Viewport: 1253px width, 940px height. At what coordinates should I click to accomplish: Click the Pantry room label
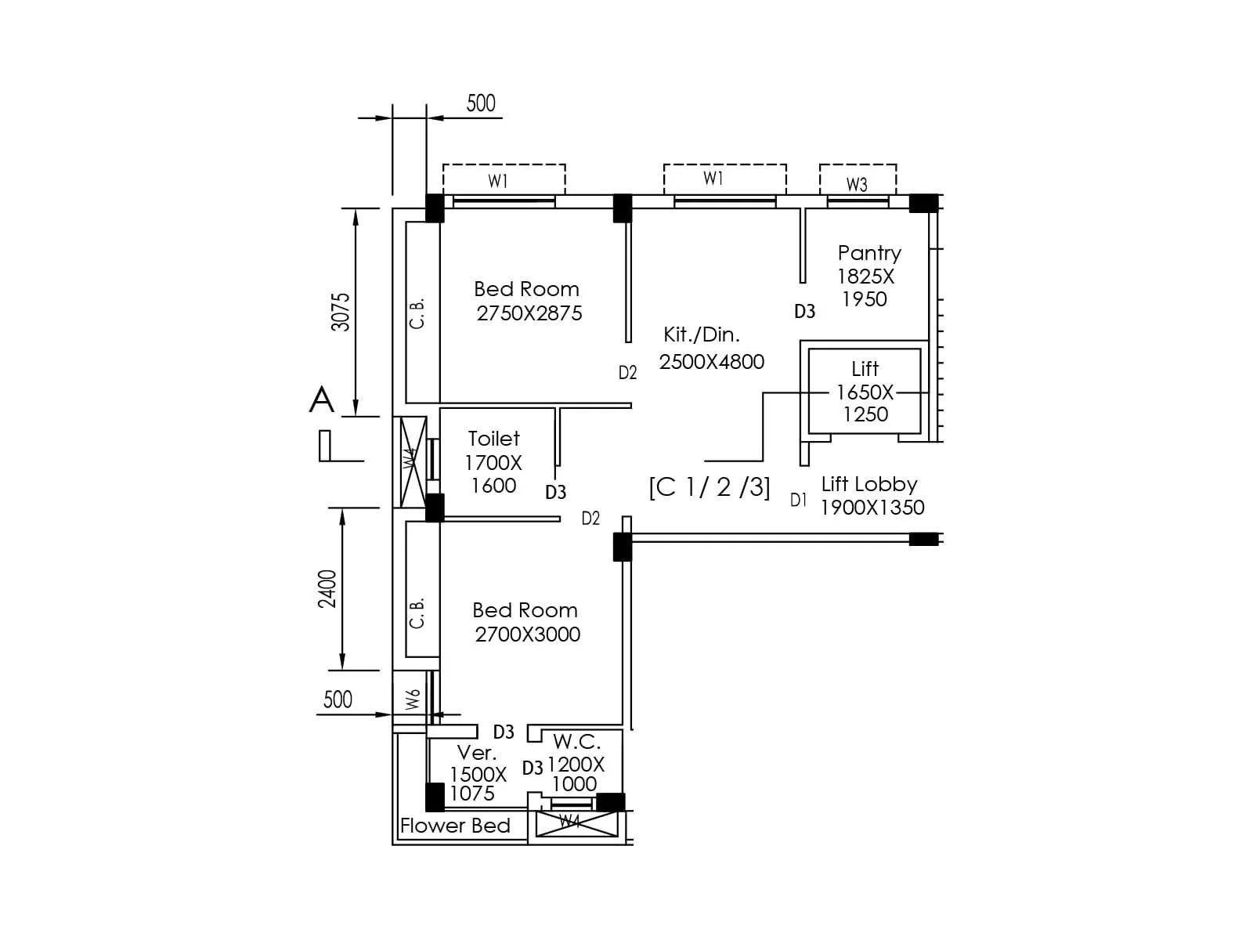[x=868, y=253]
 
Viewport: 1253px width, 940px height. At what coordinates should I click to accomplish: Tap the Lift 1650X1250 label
[x=865, y=391]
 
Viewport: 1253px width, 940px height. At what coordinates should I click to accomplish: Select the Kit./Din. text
[x=701, y=334]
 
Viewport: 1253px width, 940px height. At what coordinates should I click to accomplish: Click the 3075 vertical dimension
[x=341, y=312]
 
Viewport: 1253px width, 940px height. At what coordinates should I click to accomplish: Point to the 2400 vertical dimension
[x=327, y=588]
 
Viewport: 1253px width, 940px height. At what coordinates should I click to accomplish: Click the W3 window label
[x=857, y=185]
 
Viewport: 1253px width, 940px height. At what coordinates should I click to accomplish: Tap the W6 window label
[x=413, y=699]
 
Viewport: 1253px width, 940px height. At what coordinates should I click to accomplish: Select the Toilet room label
[x=493, y=439]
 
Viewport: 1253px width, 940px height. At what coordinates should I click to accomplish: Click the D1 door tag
[x=798, y=500]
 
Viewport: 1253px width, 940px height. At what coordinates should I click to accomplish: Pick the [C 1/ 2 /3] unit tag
[x=710, y=487]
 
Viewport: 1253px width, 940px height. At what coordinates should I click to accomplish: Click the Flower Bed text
[x=455, y=826]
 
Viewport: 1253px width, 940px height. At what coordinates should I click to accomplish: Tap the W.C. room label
[x=576, y=742]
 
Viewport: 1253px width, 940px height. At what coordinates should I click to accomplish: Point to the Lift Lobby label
[x=868, y=484]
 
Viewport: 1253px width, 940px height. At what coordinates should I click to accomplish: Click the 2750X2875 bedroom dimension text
[x=529, y=313]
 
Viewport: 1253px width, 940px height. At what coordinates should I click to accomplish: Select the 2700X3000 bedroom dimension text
[x=527, y=634]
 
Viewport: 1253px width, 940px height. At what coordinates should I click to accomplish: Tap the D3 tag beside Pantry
[x=804, y=312]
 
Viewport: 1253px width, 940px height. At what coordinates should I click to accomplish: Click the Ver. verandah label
[x=476, y=753]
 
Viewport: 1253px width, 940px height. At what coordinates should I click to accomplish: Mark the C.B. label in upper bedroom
[x=417, y=313]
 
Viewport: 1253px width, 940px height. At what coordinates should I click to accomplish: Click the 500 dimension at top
[x=481, y=103]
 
